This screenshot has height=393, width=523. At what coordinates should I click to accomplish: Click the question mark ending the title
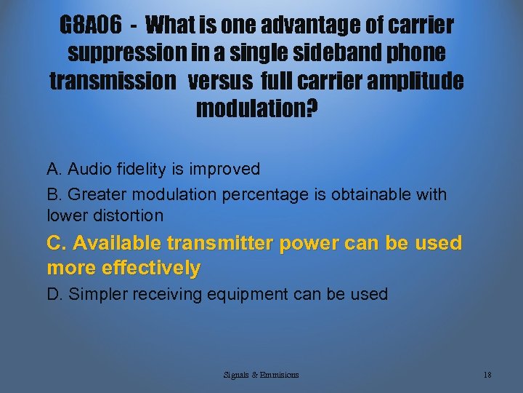312,109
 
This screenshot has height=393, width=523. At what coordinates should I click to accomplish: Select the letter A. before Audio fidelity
54,170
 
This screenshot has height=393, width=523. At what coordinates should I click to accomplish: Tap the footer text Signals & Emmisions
261,375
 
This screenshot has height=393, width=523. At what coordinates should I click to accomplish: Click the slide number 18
487,375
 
